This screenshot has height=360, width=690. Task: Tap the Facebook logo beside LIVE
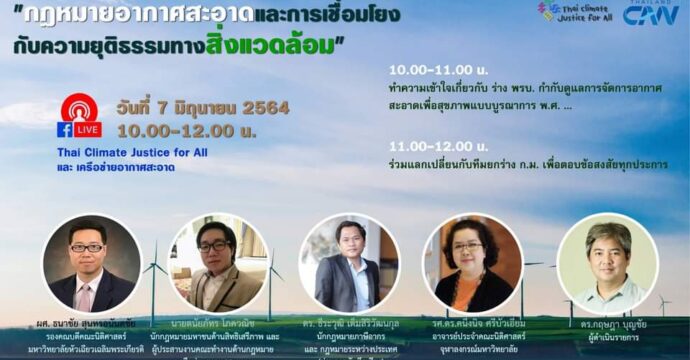[x=65, y=130]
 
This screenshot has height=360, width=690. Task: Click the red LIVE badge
[x=88, y=130]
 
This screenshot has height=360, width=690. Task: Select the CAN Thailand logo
[x=650, y=13]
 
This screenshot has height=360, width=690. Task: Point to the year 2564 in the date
[x=265, y=108]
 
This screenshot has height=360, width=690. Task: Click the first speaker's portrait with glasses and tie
[x=90, y=264]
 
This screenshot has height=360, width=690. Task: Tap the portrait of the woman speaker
[x=473, y=264]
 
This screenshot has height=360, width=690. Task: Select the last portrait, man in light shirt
[x=600, y=265]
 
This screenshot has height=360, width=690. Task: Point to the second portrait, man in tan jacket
[x=218, y=264]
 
